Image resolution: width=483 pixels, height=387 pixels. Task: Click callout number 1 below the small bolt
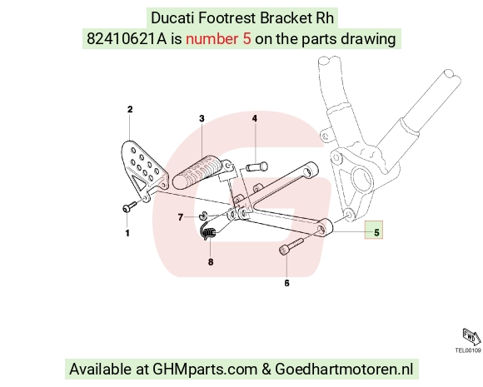127,233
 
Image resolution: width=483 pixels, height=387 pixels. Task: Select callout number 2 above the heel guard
130,109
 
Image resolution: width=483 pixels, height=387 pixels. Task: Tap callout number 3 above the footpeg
202,118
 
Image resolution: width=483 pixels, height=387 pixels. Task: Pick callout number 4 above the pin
255,118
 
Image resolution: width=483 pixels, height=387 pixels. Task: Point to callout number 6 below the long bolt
286,283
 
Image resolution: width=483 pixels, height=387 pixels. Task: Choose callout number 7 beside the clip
181,217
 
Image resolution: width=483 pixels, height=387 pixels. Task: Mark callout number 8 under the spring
211,262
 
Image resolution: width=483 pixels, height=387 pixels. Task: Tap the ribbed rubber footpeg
199,173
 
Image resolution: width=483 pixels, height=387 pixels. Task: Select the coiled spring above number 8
208,231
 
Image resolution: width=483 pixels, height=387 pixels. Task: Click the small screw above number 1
129,207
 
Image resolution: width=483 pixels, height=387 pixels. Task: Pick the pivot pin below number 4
256,167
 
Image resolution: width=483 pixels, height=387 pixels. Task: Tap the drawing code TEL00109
468,350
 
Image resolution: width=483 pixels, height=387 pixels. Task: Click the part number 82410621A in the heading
127,39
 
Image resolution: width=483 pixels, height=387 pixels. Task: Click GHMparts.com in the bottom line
205,369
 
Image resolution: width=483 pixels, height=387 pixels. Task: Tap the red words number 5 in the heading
218,39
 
